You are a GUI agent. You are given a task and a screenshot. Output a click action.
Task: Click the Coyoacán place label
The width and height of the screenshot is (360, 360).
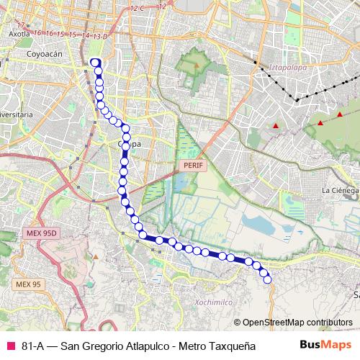[x=45, y=53]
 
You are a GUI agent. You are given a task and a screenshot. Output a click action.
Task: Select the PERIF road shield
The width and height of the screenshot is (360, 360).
[x=193, y=165]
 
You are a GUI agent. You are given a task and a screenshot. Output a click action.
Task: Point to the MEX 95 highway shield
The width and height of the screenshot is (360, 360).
[x=28, y=285]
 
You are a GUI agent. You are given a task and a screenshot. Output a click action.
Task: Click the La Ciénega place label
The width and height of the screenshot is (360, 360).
[x=339, y=190]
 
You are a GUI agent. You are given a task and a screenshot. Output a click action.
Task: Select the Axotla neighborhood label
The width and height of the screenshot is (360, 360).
[x=19, y=33]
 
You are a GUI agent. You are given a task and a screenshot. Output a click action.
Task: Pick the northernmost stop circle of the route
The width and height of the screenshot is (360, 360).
[x=95, y=63]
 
